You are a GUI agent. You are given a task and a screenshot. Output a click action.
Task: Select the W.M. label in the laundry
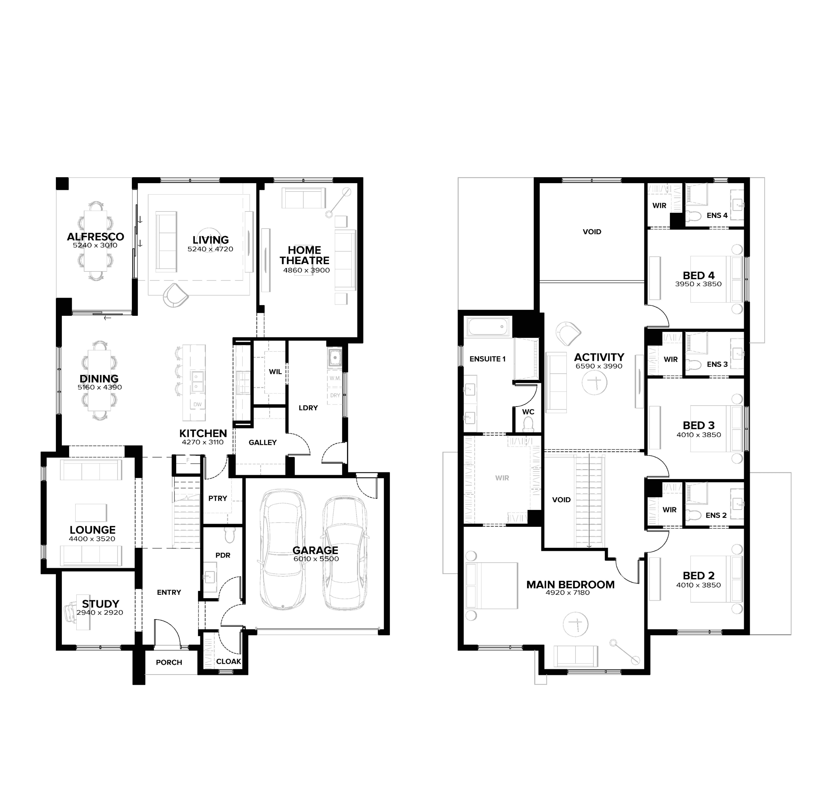coord(335,378)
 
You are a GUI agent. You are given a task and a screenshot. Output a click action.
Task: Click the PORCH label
coord(169,662)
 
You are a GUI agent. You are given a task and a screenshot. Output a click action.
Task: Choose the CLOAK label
coord(228,662)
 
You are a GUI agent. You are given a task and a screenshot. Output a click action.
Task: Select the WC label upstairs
coord(528,412)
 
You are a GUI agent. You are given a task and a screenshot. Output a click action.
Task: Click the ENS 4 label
coord(717,215)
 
